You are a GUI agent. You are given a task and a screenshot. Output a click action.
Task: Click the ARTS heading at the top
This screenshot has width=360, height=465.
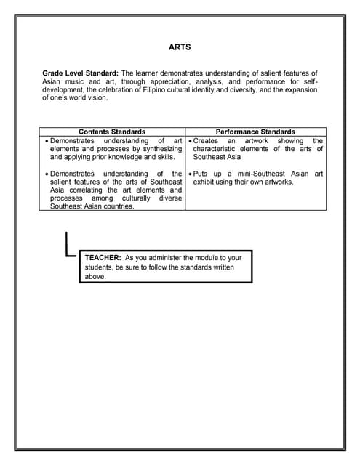(x=180, y=49)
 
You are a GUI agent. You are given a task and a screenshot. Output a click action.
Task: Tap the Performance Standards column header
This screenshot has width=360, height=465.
(x=255, y=132)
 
